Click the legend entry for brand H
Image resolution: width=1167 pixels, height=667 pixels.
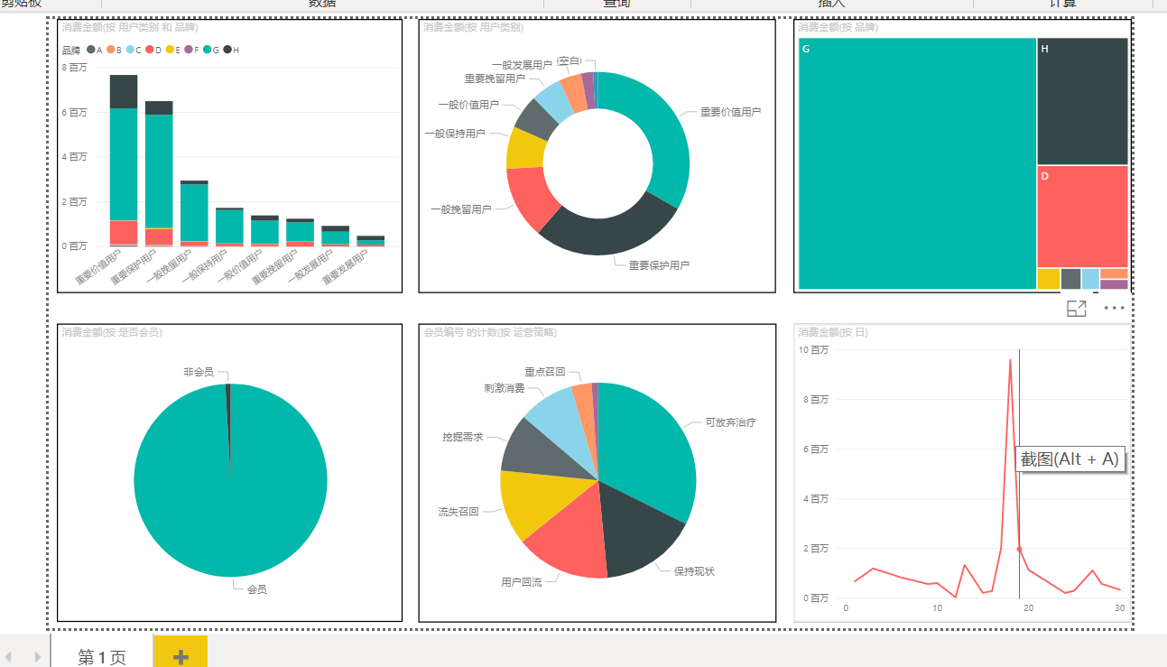(231, 50)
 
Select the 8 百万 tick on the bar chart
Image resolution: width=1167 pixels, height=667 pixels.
(75, 68)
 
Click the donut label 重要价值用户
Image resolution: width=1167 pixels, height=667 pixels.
(730, 113)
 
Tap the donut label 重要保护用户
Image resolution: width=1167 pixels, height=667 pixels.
(659, 265)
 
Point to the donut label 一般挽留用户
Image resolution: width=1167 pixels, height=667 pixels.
(460, 209)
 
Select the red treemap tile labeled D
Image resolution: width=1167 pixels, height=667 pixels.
(1082, 217)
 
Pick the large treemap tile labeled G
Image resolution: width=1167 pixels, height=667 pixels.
(916, 162)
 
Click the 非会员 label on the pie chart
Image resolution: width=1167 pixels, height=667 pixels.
(199, 372)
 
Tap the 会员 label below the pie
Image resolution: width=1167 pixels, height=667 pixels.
(256, 589)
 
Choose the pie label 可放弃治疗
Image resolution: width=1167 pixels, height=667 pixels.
(730, 422)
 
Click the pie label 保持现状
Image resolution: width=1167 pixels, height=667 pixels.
(694, 571)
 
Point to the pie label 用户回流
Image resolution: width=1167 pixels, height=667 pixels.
(522, 582)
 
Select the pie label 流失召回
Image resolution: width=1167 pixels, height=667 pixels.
(458, 512)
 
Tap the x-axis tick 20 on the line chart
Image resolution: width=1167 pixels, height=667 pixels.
(1028, 607)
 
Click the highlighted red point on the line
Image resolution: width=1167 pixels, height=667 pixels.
(1019, 549)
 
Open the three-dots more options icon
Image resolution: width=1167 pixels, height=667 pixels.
(1115, 309)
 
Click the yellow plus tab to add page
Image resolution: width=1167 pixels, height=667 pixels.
(181, 654)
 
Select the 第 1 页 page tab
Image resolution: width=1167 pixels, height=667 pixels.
(102, 656)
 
